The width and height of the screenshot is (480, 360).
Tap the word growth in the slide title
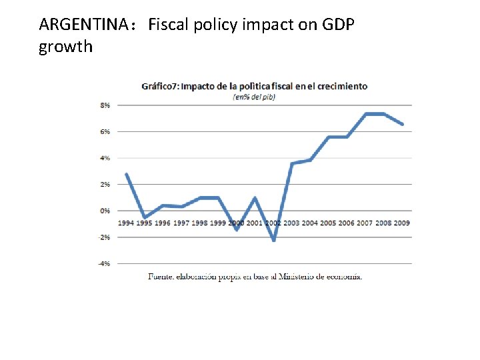click(66, 47)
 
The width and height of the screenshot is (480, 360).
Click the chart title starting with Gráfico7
click(254, 86)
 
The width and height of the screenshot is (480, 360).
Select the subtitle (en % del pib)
click(254, 97)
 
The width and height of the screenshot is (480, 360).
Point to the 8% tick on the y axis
click(105, 105)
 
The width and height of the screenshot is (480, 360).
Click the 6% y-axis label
click(105, 131)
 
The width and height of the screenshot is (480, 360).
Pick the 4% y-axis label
click(105, 158)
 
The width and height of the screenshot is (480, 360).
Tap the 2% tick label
click(105, 184)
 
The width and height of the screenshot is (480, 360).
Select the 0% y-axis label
click(105, 211)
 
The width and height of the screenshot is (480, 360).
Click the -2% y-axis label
click(105, 237)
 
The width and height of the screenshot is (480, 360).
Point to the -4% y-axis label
click(105, 264)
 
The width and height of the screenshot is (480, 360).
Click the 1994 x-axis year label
click(126, 223)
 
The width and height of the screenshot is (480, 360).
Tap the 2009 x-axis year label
click(401, 223)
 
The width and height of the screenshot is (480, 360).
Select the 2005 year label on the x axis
click(328, 223)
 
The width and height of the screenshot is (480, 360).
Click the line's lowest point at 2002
click(273, 240)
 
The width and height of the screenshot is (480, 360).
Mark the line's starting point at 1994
click(126, 174)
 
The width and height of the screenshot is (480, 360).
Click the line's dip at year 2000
click(237, 230)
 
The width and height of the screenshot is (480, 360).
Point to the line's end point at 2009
click(402, 124)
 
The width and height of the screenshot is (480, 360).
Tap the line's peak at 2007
click(365, 114)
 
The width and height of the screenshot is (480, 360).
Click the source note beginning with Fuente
click(255, 277)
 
